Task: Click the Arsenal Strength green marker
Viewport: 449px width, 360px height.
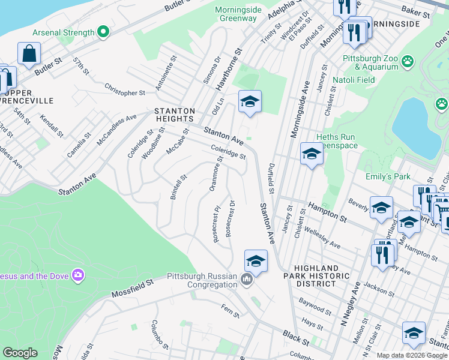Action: tap(103, 32)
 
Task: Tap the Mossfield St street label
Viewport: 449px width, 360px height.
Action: tap(133, 289)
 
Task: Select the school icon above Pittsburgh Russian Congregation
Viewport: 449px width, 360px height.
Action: tap(256, 260)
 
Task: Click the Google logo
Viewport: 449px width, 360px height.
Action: tap(20, 353)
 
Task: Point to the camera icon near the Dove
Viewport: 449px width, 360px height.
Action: tap(77, 275)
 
